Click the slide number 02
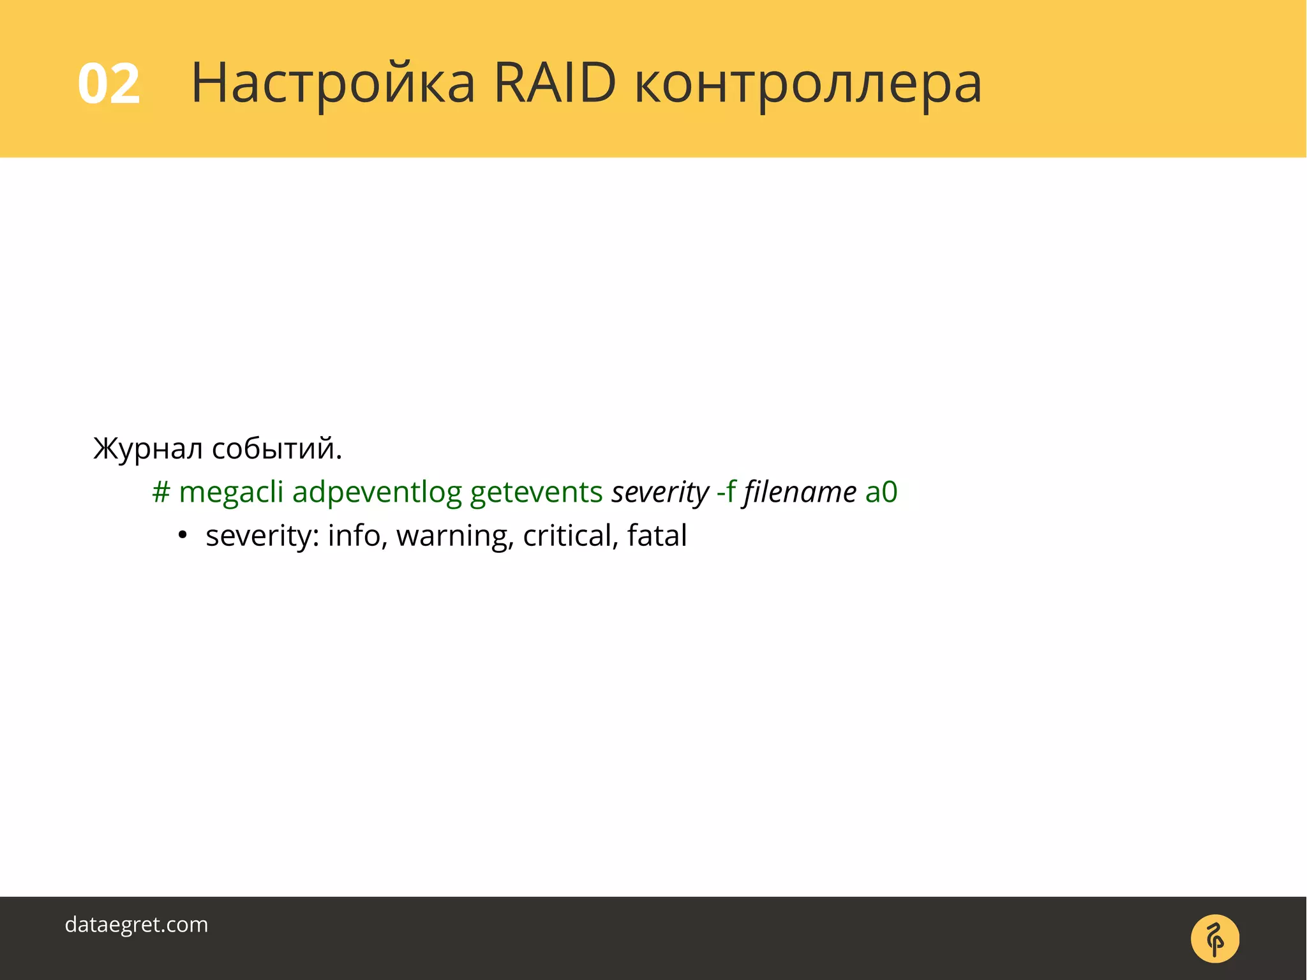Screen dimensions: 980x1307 (x=108, y=84)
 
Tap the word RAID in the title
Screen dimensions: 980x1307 (x=555, y=84)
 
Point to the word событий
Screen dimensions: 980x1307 (x=276, y=449)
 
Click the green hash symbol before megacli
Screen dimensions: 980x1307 (x=161, y=492)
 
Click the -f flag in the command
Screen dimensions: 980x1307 (x=726, y=492)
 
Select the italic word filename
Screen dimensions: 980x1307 (x=800, y=492)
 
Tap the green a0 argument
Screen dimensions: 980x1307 (x=881, y=492)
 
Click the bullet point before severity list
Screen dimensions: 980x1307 (x=183, y=535)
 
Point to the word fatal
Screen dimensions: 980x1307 (x=657, y=535)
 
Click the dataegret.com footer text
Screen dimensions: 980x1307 (x=137, y=924)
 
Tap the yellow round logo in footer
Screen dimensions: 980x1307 (x=1214, y=939)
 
